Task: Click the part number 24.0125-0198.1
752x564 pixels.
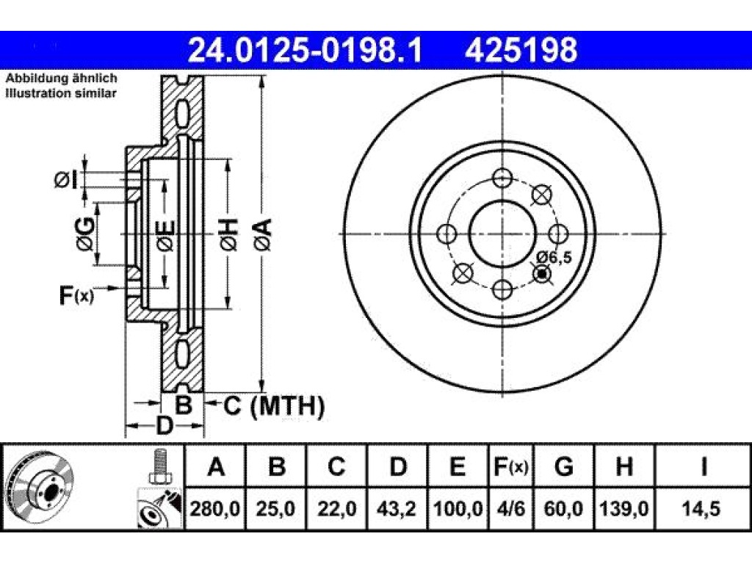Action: [305, 50]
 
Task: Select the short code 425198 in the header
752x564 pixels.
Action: [521, 50]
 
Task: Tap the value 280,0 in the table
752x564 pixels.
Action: [215, 508]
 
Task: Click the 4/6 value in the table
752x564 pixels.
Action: [510, 508]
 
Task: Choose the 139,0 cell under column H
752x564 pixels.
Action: [623, 508]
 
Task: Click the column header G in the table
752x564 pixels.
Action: [563, 466]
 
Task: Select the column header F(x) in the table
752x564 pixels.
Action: [511, 466]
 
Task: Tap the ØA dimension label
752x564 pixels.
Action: [263, 234]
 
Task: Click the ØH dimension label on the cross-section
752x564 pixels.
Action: [229, 234]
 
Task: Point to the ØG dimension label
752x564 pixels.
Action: [85, 234]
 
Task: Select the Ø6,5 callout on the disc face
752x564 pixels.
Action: [554, 257]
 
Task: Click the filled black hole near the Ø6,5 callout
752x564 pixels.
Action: [543, 274]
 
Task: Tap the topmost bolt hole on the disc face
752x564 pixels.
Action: [502, 178]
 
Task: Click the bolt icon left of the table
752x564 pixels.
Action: [159, 467]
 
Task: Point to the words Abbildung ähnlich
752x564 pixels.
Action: [62, 79]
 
